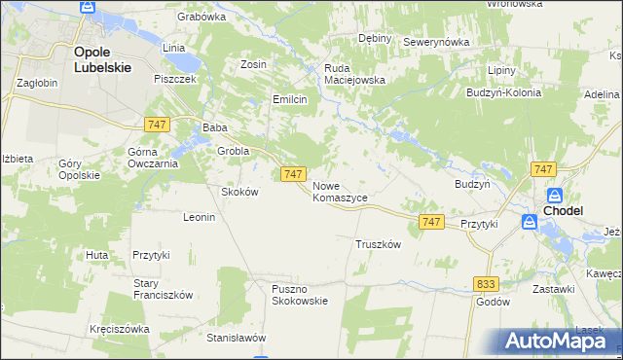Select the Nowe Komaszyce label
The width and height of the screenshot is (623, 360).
[340, 191]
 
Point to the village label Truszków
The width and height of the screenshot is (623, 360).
[379, 244]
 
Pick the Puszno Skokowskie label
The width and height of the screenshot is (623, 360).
[300, 294]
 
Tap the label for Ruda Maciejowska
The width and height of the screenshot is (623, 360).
[355, 74]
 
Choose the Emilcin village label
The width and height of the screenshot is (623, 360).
[289, 99]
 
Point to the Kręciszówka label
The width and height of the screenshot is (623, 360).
[119, 329]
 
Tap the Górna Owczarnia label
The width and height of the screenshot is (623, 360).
[153, 158]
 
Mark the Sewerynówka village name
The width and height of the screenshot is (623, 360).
[436, 43]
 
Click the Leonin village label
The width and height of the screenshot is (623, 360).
[199, 217]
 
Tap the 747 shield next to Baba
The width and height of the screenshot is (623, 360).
[155, 125]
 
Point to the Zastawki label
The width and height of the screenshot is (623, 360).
[553, 289]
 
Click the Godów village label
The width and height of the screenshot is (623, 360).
[494, 302]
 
